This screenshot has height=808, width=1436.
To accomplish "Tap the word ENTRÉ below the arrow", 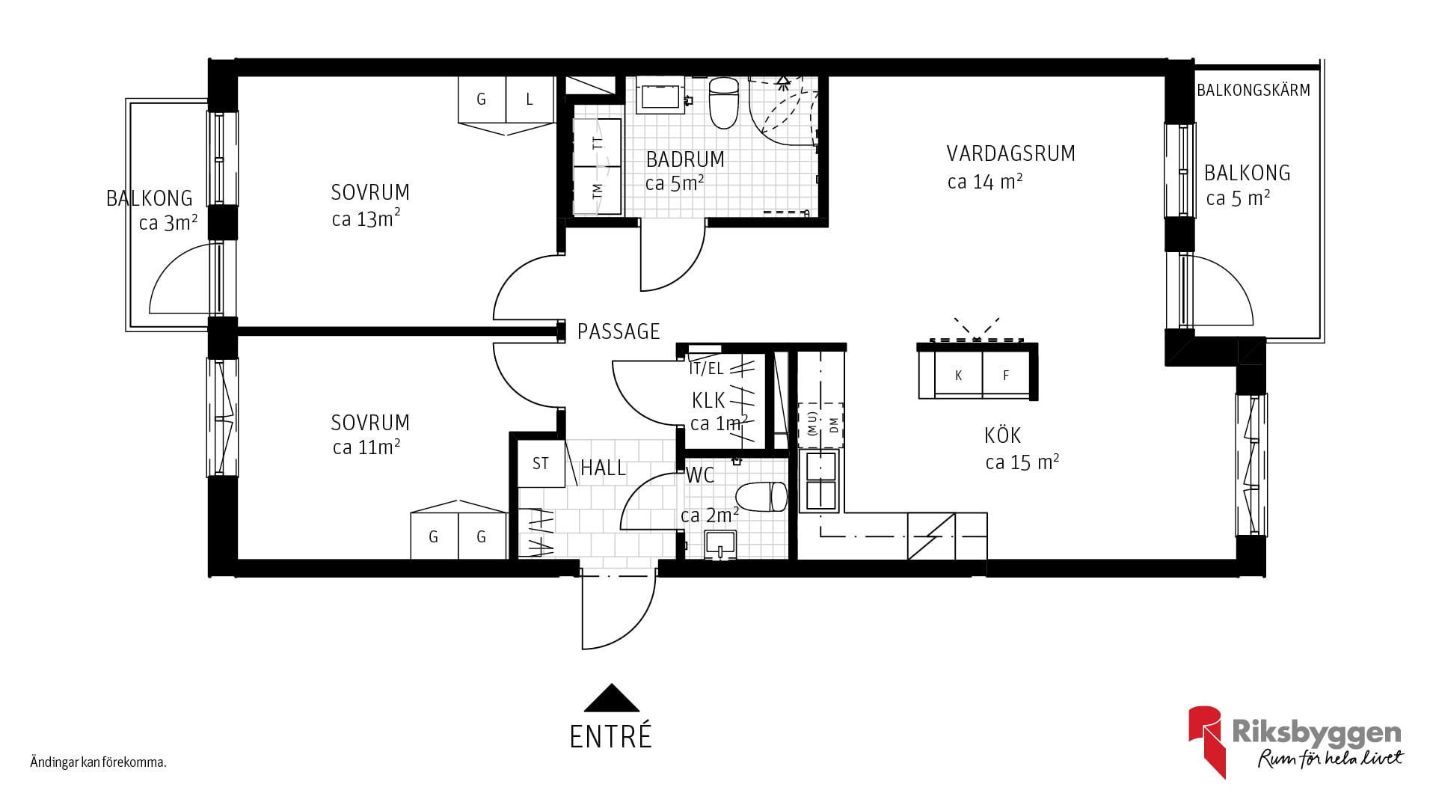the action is pyautogui.click(x=610, y=737).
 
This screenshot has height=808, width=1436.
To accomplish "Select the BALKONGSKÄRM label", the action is pyautogui.click(x=1254, y=91).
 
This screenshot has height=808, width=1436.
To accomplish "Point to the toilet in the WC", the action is pyautogui.click(x=761, y=497).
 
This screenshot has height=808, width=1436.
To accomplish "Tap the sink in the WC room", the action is pyautogui.click(x=720, y=545).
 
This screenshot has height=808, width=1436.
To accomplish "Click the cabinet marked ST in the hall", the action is pyautogui.click(x=541, y=464).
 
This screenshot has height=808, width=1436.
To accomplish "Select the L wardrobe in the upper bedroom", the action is pyautogui.click(x=530, y=100).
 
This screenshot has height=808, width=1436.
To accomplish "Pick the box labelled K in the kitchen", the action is pyautogui.click(x=958, y=376).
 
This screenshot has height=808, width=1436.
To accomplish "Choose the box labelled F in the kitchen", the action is pyautogui.click(x=1006, y=376).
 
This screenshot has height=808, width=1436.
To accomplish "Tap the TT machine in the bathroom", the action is pyautogui.click(x=598, y=142).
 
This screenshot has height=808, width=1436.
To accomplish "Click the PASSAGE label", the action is pyautogui.click(x=619, y=331).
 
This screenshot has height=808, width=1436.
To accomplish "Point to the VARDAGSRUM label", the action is pyautogui.click(x=1010, y=153).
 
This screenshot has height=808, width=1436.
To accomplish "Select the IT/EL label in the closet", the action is pyautogui.click(x=706, y=369).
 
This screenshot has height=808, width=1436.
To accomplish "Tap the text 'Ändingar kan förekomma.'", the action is pyautogui.click(x=98, y=763).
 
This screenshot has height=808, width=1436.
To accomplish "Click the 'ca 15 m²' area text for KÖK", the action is pyautogui.click(x=1022, y=462).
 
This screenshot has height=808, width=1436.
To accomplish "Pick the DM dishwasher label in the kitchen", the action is pyautogui.click(x=834, y=426).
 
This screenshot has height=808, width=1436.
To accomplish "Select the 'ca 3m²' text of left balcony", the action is pyautogui.click(x=168, y=222).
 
